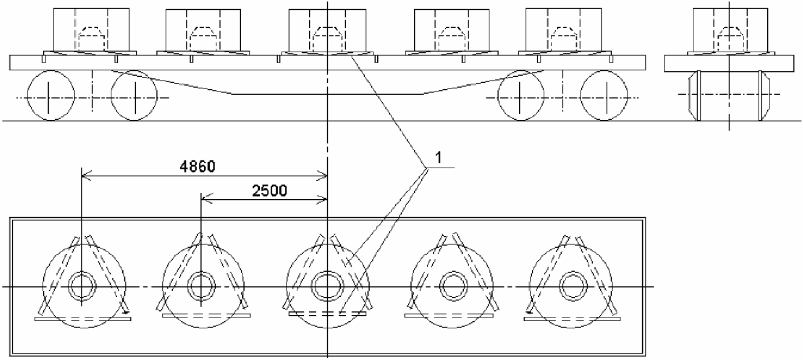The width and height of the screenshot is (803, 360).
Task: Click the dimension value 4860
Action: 197,166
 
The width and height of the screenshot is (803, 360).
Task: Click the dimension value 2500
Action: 270,191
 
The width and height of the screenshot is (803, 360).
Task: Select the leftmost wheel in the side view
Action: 51,95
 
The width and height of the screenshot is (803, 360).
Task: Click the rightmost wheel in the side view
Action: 604,95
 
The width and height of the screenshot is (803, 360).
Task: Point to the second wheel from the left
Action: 134,95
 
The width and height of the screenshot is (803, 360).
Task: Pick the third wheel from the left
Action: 521,95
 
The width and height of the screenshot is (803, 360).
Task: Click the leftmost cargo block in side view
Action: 91,30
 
